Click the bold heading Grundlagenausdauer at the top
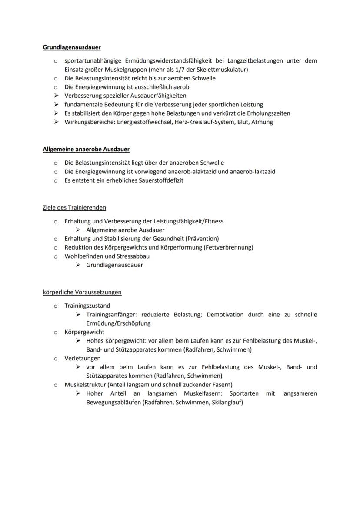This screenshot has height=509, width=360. (72, 47)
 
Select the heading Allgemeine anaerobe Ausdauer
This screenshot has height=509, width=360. (86, 149)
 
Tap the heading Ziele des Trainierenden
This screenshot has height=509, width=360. (74, 207)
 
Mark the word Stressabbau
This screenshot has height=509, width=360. (132, 256)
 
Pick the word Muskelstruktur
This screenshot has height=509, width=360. (85, 385)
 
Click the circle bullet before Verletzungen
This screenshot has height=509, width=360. (56, 359)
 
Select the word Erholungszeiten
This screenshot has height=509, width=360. (267, 113)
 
